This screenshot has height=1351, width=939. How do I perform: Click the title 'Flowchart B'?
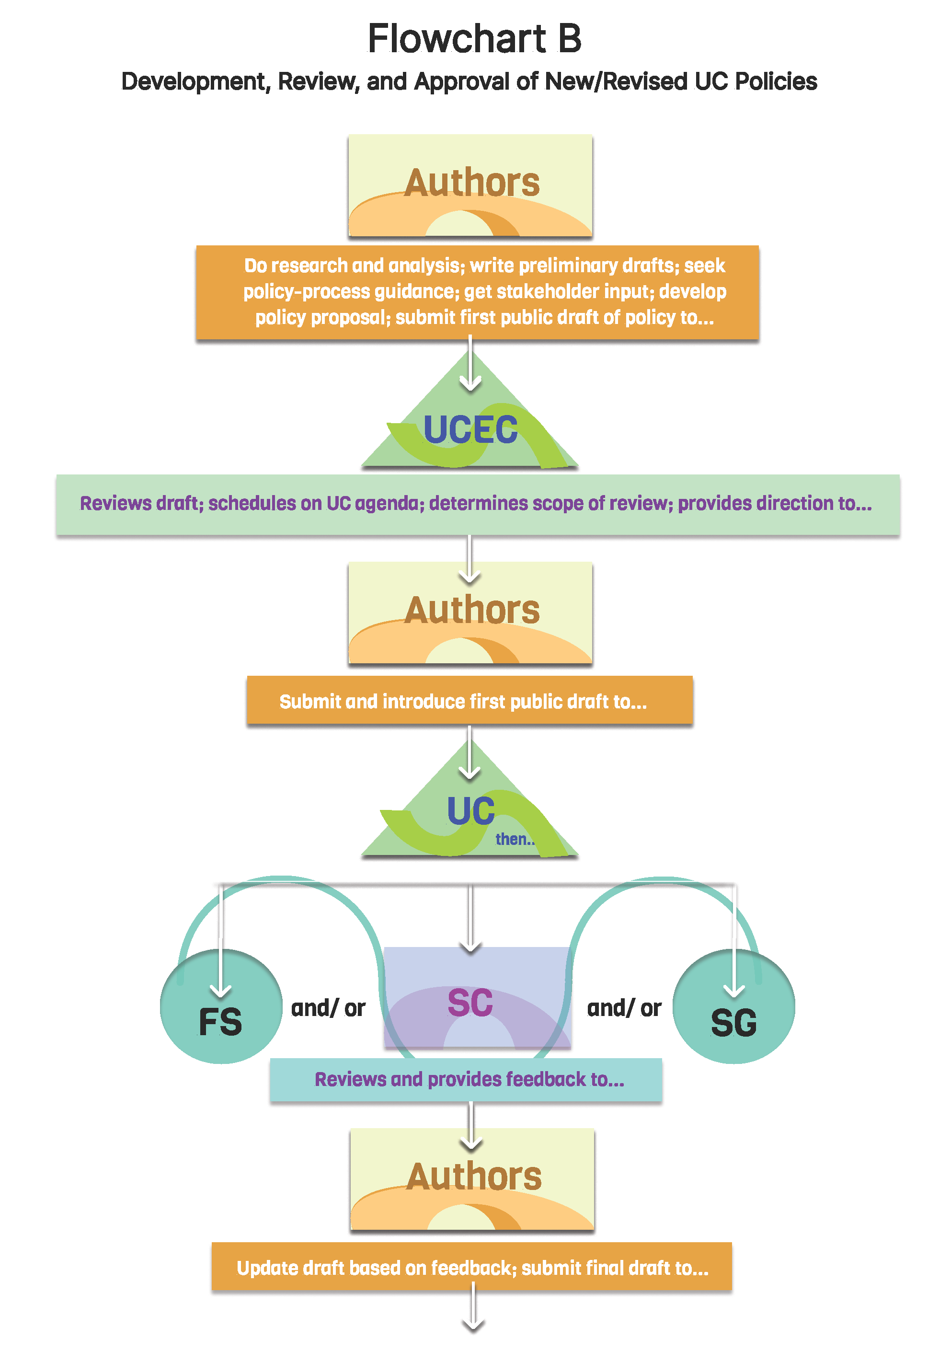click(x=474, y=39)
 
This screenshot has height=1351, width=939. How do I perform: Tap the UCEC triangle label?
click(x=470, y=429)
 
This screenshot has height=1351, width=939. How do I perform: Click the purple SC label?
click(x=470, y=1003)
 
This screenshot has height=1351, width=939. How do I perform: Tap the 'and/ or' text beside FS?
click(x=328, y=1008)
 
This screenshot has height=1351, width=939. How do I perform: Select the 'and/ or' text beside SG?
click(x=624, y=1008)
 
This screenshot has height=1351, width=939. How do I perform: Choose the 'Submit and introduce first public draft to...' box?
click(x=469, y=701)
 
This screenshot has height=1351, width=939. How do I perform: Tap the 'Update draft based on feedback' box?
click(x=471, y=1268)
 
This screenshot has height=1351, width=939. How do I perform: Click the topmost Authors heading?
click(x=471, y=183)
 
